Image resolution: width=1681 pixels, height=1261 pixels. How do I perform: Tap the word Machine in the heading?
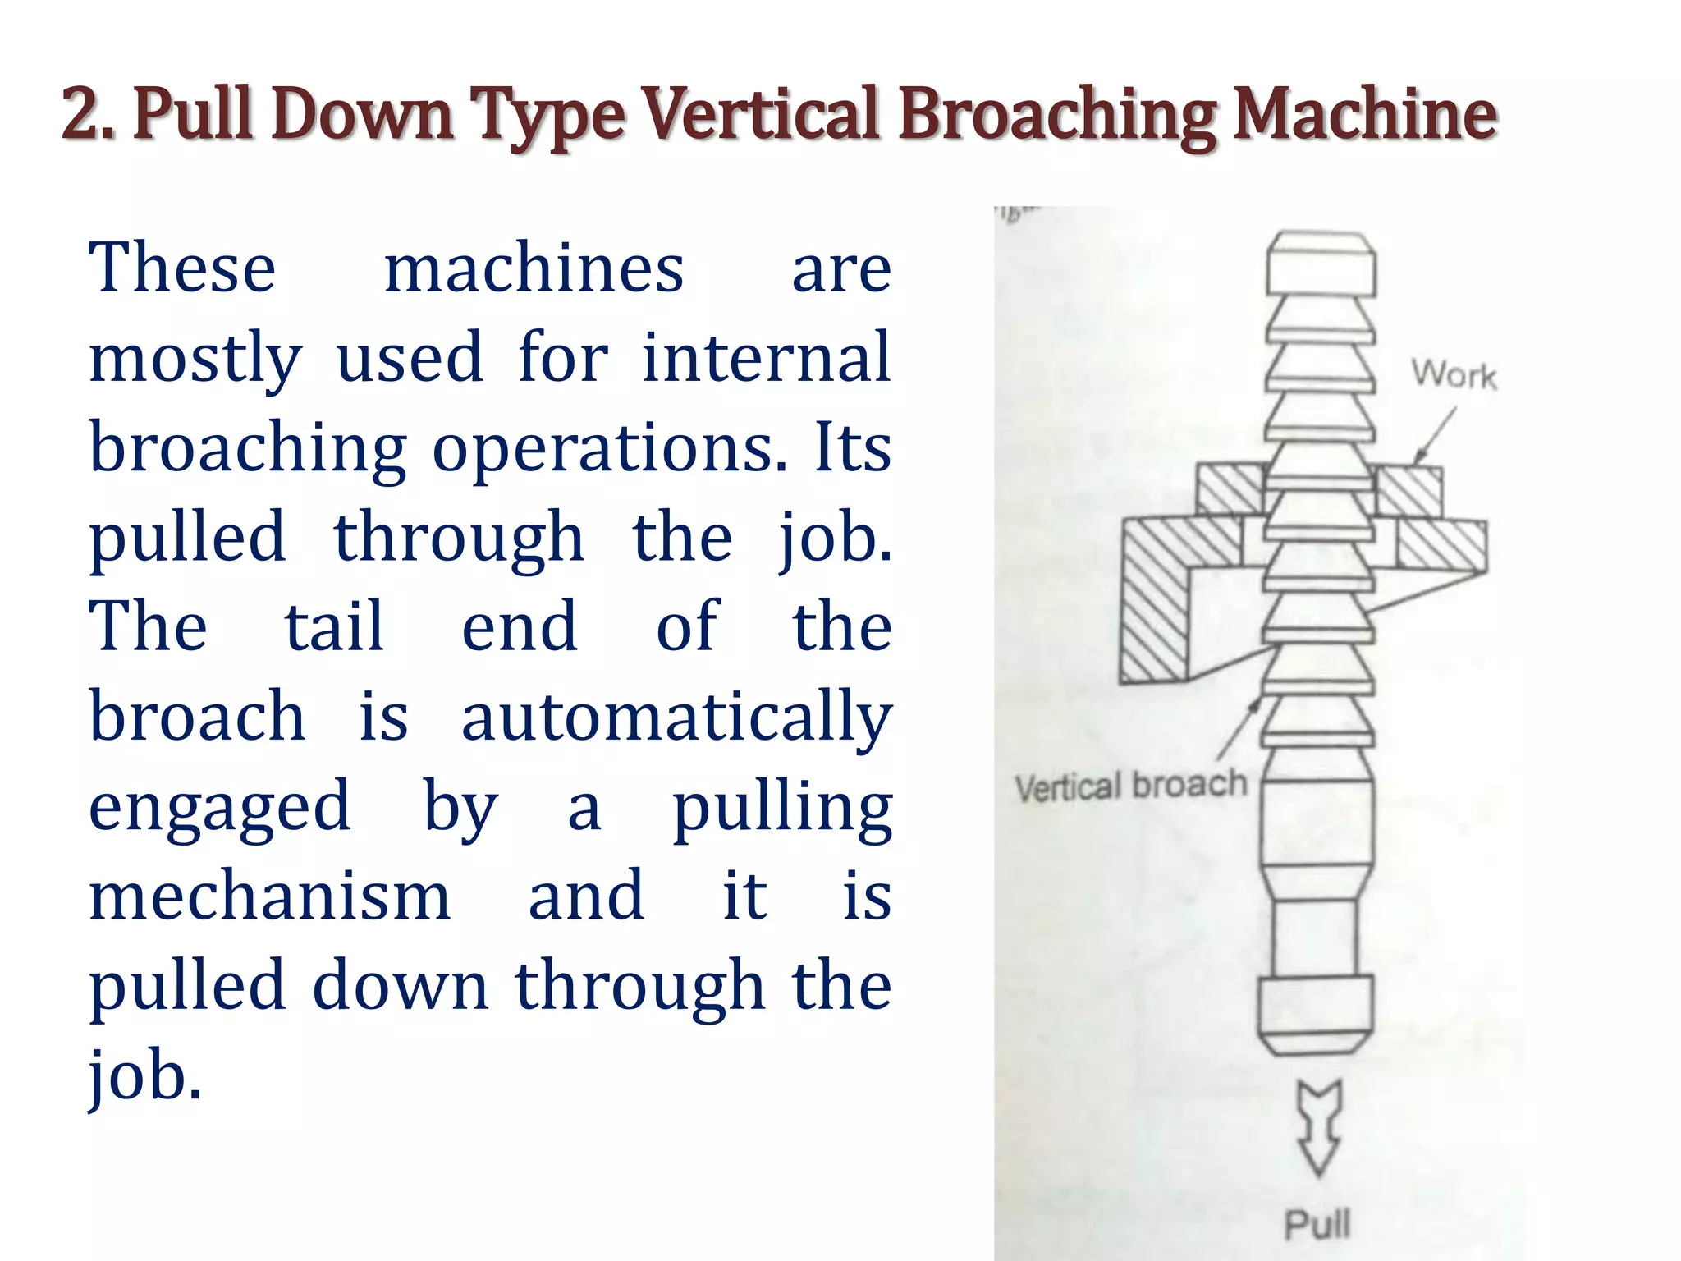[1366, 114]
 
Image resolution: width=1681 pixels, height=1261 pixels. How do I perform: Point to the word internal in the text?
[766, 358]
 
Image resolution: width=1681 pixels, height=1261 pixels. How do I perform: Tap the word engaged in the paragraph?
[219, 808]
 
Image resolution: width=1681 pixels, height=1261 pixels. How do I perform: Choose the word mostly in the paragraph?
[195, 360]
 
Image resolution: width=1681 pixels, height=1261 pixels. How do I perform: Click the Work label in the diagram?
[1454, 375]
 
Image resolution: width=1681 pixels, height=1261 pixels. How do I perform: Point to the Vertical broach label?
[1130, 786]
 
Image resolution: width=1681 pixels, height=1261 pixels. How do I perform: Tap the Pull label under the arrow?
[1317, 1224]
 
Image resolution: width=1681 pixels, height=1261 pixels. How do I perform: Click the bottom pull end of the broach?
[1316, 1014]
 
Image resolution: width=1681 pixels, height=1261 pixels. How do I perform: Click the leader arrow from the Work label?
[1435, 436]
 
